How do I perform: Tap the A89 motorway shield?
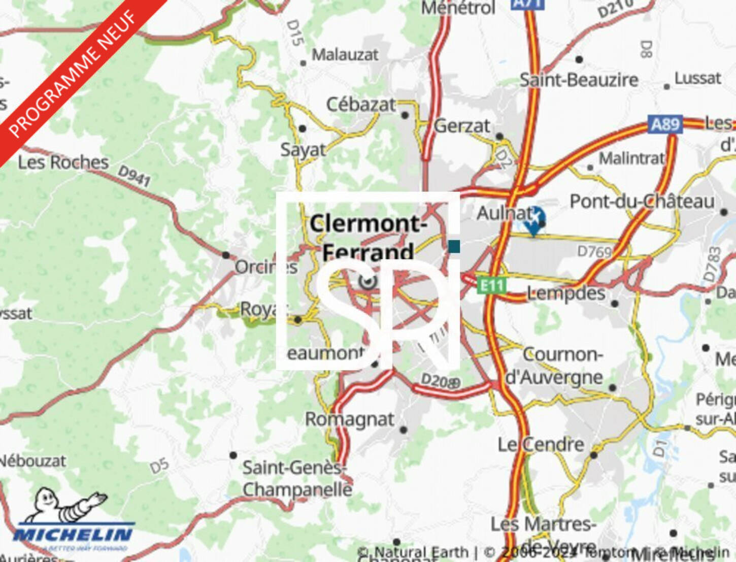[664, 124]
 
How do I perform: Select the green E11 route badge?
[491, 285]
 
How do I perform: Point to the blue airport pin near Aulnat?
[534, 220]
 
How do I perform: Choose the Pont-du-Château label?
[642, 201]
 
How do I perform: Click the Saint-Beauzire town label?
[579, 80]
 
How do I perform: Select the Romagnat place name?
[349, 419]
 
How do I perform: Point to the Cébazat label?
[360, 104]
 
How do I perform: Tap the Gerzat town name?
[462, 125]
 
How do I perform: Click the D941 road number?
[134, 175]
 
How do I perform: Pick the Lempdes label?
[565, 293]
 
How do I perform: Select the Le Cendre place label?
[541, 444]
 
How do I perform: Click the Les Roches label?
[63, 162]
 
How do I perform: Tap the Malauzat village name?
[345, 54]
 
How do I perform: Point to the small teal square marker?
[454, 247]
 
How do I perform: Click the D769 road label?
[594, 251]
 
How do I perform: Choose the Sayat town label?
[303, 150]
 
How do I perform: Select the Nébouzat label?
[33, 461]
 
